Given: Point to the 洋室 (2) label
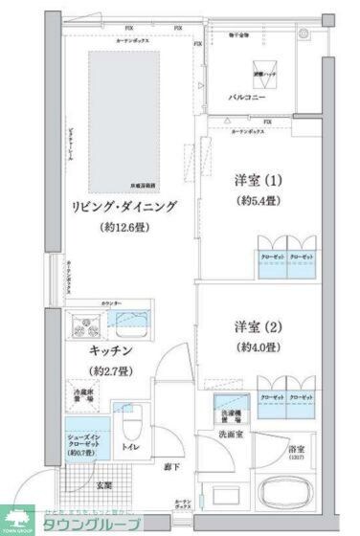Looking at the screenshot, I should [260, 324].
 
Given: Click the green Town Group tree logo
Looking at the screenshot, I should [18, 520].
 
